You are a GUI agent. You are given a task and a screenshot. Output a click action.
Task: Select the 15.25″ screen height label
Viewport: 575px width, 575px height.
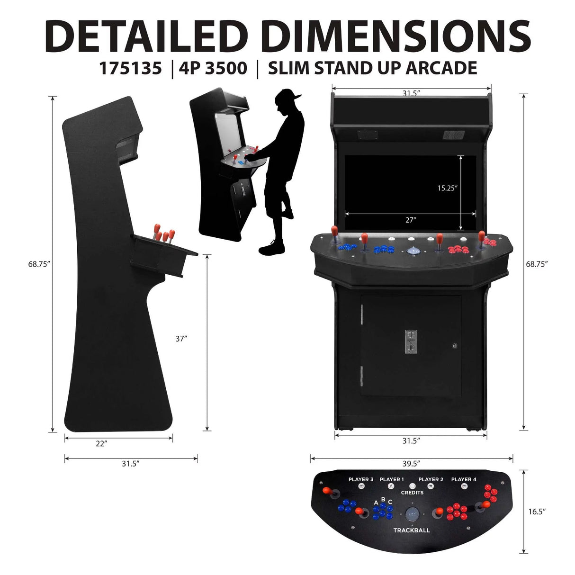[447, 188]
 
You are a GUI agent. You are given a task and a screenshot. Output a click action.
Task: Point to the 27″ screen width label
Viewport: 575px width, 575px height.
[411, 219]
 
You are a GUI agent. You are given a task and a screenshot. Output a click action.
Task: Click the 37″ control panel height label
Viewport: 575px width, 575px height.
[181, 339]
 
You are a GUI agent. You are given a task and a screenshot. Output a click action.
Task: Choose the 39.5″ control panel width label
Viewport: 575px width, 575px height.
[411, 463]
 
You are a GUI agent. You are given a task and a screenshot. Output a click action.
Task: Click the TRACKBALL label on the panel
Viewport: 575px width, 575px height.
[412, 530]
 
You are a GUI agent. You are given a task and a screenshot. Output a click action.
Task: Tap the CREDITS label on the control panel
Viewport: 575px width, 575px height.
[412, 493]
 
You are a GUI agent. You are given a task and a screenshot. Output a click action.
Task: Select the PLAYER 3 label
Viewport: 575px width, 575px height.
[361, 479]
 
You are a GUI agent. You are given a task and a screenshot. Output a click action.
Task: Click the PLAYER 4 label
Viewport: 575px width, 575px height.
[464, 479]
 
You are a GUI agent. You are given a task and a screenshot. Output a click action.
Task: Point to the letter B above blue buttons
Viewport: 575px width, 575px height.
[383, 499]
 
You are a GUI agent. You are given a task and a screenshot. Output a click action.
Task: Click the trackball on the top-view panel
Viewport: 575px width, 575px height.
[412, 513]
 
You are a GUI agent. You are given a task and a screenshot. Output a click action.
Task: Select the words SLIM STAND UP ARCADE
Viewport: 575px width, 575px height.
[372, 68]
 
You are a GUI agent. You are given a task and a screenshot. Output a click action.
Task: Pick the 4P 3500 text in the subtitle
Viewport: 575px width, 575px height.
[213, 68]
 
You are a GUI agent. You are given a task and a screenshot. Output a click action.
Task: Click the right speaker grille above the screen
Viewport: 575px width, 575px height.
[449, 135]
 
